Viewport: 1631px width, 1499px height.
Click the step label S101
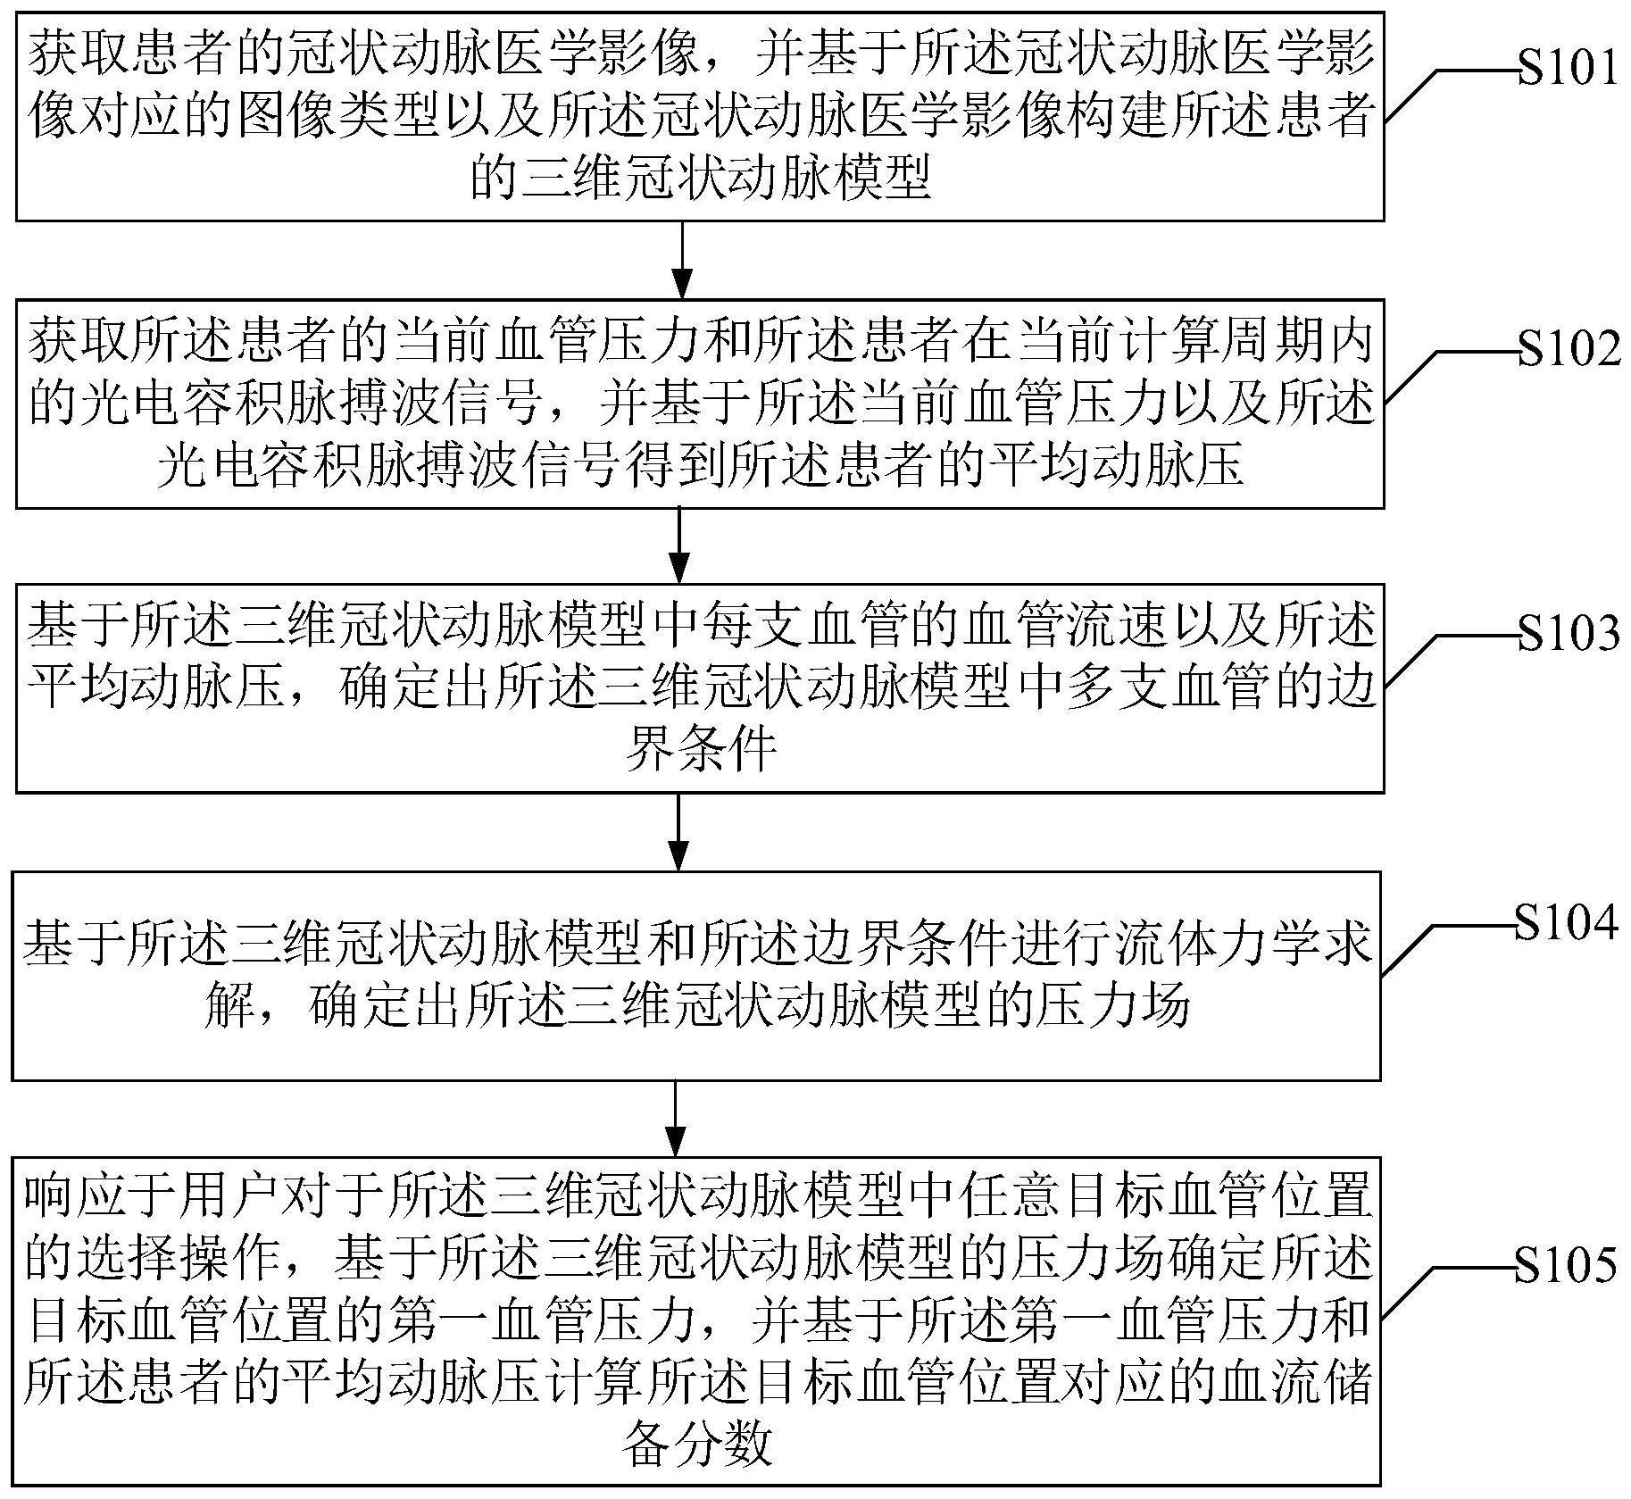click(x=1568, y=67)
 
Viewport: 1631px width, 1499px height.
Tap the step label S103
click(x=1568, y=633)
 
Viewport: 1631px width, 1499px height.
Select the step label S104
click(x=1566, y=921)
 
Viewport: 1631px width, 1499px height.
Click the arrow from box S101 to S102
click(x=682, y=259)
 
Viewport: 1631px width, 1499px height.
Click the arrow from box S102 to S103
click(x=680, y=545)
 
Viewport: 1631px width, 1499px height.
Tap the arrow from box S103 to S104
click(x=679, y=831)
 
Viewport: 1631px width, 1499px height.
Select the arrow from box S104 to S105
click(x=676, y=1119)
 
